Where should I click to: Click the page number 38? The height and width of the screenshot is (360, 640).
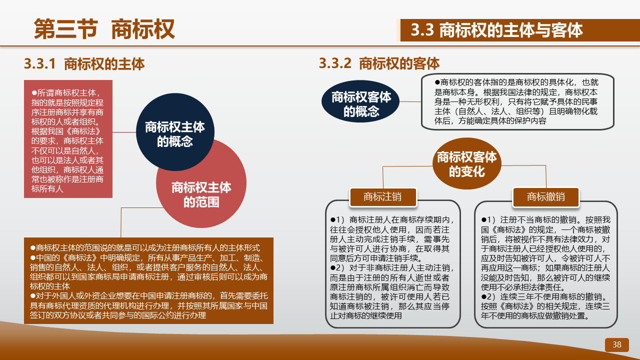tap(616, 345)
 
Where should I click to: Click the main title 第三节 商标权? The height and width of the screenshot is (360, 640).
tap(104, 29)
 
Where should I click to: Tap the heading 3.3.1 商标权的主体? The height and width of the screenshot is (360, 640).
tap(84, 63)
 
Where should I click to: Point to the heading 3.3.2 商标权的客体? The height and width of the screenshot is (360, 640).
tap(379, 63)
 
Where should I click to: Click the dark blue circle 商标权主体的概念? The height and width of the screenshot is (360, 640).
tap(175, 132)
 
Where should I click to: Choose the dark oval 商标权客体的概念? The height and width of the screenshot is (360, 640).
tap(360, 101)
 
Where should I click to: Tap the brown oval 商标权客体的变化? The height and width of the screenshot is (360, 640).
tap(467, 163)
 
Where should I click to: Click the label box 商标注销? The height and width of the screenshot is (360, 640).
tap(383, 197)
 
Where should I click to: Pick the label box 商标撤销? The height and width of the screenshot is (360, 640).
tap(545, 197)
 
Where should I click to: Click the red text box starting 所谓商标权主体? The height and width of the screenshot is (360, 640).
tap(68, 139)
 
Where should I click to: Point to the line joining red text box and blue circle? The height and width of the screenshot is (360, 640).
tap(124, 132)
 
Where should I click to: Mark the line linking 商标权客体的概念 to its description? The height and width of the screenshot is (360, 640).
tap(410, 101)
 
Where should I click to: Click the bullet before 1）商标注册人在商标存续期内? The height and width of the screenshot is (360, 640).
tap(332, 220)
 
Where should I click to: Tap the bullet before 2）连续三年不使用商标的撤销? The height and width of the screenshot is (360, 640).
tap(483, 297)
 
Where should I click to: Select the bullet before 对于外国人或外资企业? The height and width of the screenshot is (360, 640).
tap(33, 296)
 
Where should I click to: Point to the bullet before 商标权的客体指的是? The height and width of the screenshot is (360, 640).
tap(437, 82)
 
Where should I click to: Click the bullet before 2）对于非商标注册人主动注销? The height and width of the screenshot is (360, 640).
tap(332, 268)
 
